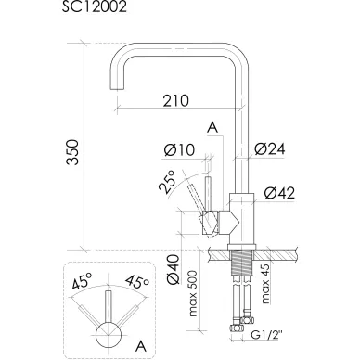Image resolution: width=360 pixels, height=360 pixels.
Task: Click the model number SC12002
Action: (x=95, y=6)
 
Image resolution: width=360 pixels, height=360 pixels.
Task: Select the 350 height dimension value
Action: (x=74, y=152)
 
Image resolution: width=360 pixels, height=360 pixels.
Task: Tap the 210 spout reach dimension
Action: (x=175, y=100)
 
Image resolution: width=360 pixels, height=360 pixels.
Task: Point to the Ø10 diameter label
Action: (x=180, y=150)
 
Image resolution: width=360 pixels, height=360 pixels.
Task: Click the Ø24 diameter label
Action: (x=270, y=148)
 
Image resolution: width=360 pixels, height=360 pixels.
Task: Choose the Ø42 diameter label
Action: (x=279, y=193)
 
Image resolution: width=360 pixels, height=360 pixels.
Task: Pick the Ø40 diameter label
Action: (x=173, y=269)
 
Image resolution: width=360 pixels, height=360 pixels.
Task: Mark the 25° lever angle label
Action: (x=167, y=183)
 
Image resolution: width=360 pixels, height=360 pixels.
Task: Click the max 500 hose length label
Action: (x=193, y=293)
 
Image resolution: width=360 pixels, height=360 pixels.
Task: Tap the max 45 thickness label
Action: (x=265, y=284)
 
